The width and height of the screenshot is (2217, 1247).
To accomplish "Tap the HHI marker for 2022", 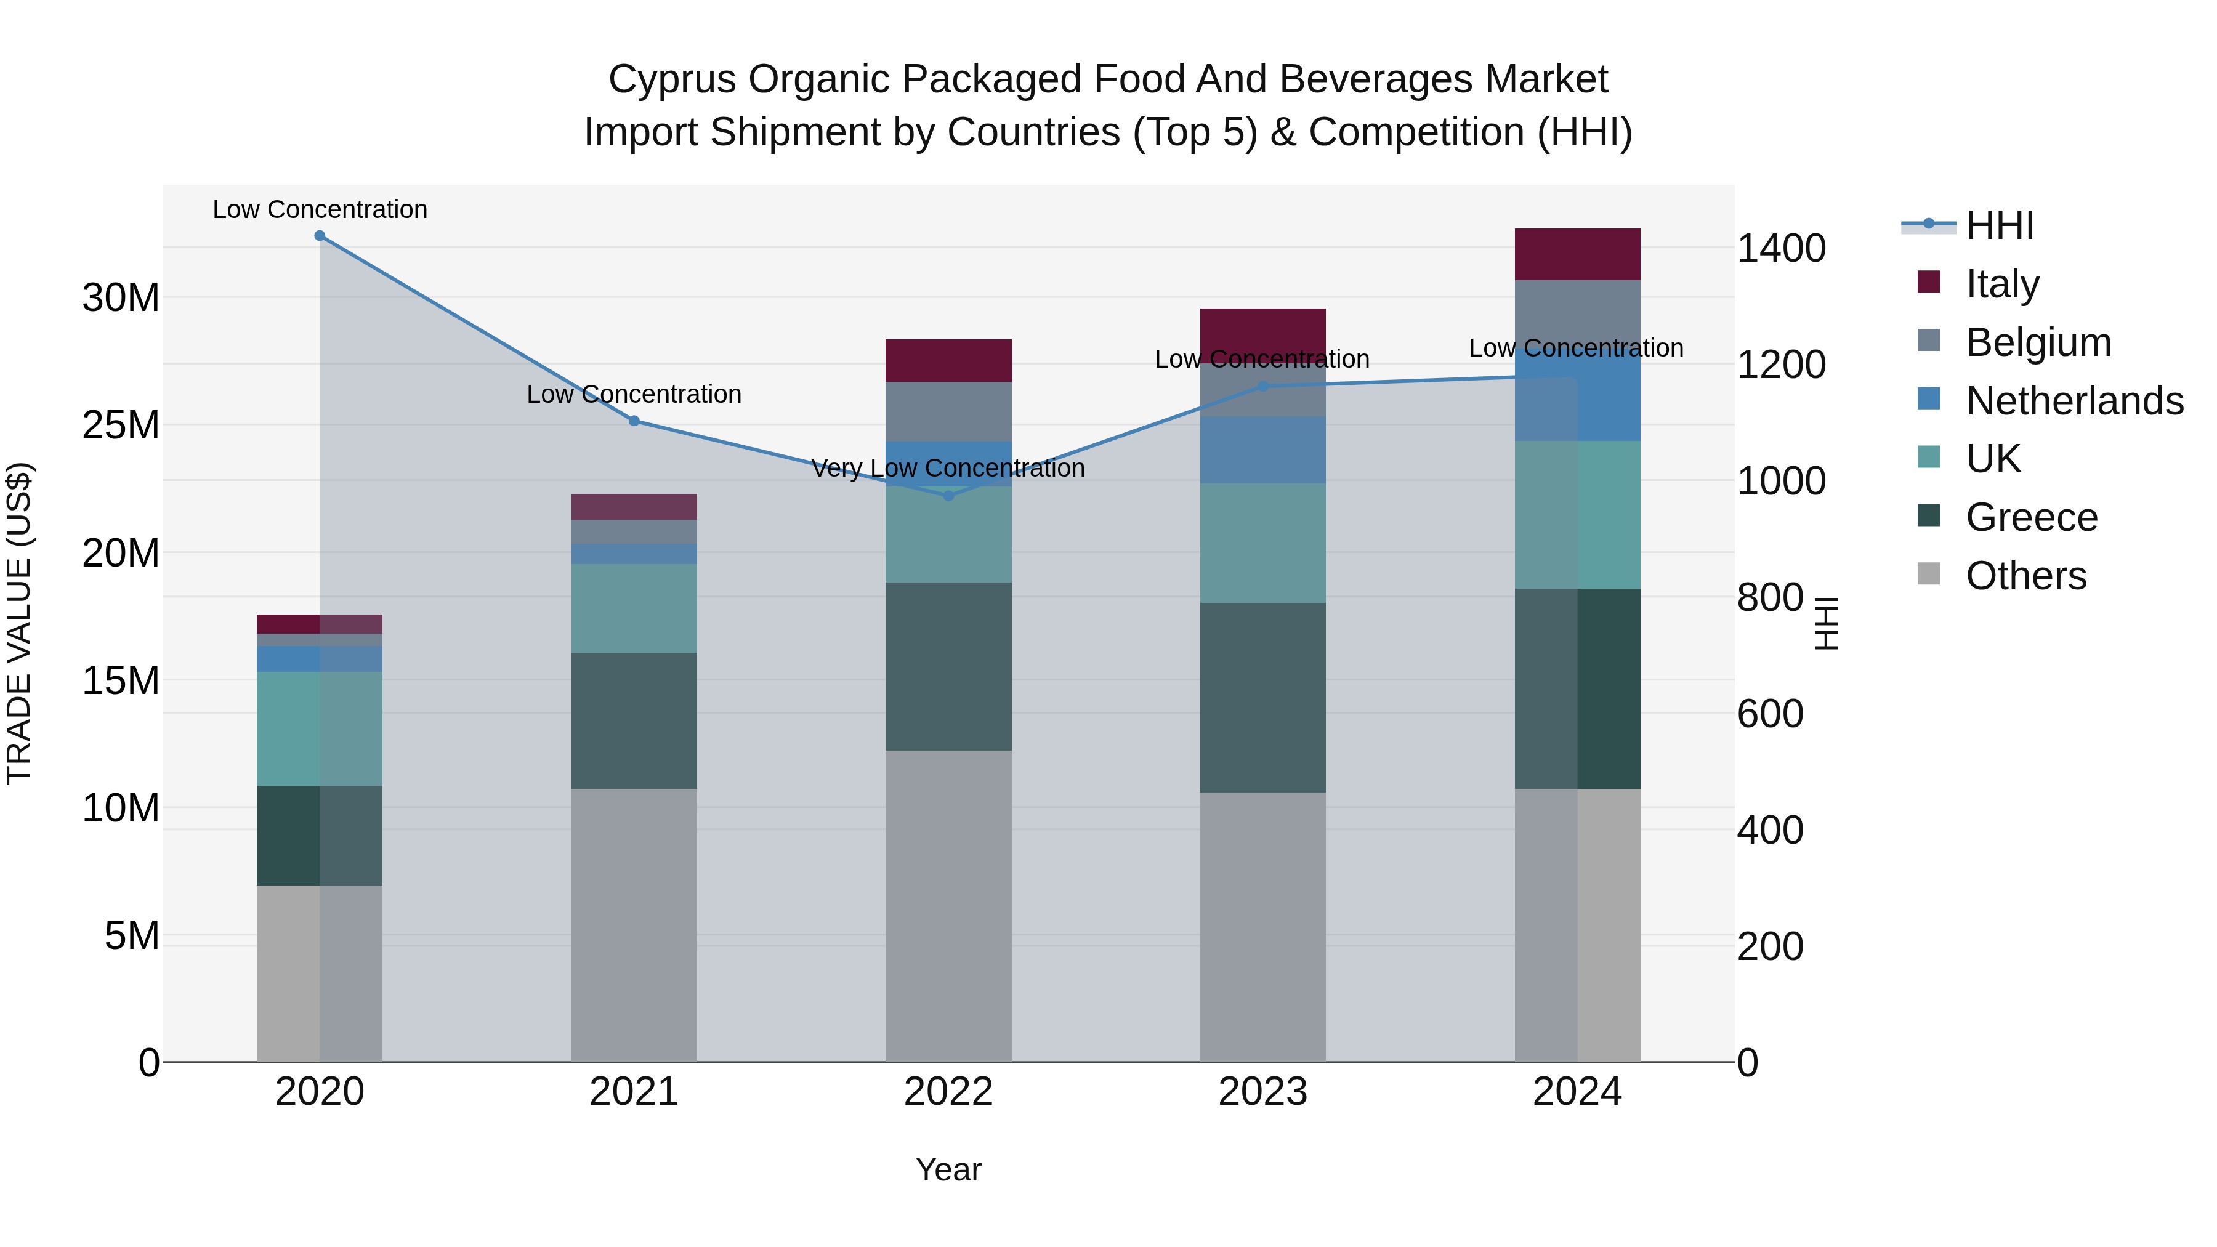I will pos(948,496).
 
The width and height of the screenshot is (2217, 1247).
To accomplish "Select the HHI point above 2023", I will pos(1262,386).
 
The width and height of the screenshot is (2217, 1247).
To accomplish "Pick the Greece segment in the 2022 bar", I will pos(948,666).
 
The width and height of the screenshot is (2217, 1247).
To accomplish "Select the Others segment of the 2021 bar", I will pos(634,924).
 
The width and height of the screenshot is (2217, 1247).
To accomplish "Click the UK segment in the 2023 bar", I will pos(1262,543).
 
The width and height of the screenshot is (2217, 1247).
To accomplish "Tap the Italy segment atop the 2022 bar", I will pos(948,361).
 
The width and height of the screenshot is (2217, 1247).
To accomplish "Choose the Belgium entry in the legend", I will pos(2038,342).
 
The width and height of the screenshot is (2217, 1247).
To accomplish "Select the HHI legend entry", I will pos(1999,225).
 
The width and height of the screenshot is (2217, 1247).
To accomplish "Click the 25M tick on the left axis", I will pos(121,425).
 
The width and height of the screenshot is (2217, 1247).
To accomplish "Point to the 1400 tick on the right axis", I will pos(1780,249).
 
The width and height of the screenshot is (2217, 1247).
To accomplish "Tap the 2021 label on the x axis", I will pos(634,1092).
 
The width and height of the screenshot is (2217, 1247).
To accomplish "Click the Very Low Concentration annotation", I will pos(948,468).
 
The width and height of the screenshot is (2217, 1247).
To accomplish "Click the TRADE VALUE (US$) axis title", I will pos(19,623).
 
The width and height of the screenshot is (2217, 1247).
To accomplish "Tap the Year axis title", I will pos(948,1169).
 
